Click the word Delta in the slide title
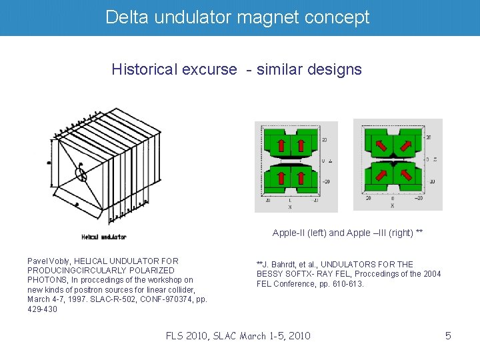127,17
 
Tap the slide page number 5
448,335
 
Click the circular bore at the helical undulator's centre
81,174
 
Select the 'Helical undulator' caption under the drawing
103,236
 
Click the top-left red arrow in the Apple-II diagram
282,145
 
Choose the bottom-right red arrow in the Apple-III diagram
404,175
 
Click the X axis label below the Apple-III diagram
392,206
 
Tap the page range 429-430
43,309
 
